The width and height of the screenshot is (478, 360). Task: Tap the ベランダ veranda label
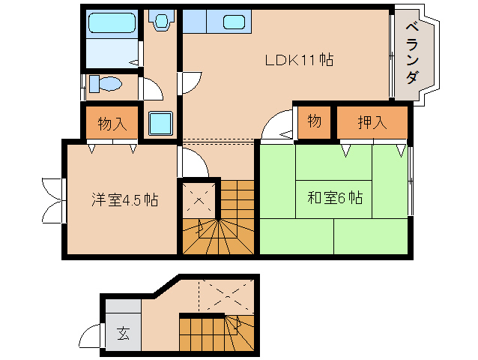pos(413,53)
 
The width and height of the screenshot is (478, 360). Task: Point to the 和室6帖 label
pos(335,198)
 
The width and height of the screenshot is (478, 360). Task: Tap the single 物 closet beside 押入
pos(314,122)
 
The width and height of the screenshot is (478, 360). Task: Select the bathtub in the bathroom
pos(111,25)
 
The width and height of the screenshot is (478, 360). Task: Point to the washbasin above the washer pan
pos(160,22)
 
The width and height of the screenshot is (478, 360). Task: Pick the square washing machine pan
pos(160,123)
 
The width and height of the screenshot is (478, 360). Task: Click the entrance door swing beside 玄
pos(93,334)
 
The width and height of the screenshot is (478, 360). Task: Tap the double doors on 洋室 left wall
pos(52,199)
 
